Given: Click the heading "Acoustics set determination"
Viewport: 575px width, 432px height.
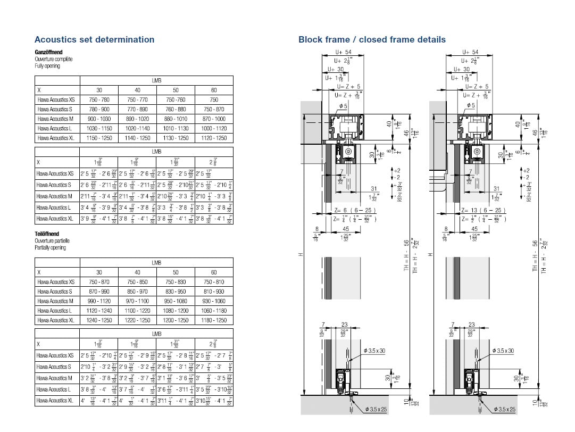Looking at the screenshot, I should pos(94,39).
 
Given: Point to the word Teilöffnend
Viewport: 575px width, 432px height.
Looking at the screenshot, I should pos(47,234).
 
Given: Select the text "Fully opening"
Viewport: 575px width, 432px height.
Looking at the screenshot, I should pos(47,66).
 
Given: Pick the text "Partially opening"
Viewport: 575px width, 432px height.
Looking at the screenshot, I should pos(51,248).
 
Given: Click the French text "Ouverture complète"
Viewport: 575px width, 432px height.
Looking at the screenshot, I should pos(53,59).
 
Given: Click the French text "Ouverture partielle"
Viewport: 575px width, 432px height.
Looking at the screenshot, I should pos(53,241).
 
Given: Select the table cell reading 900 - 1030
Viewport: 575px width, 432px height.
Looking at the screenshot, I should pos(99,119).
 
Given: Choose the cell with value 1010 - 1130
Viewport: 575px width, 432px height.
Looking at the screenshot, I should pos(176,128).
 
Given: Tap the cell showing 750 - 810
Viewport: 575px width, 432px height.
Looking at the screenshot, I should pos(214,282).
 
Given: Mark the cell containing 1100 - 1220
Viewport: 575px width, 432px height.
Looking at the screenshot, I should pos(137,311).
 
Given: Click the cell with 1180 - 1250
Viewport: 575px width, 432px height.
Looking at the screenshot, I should pos(214,320).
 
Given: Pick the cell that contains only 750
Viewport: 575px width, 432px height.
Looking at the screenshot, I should pos(214,99).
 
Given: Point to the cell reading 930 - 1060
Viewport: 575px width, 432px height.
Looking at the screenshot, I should pos(214,301).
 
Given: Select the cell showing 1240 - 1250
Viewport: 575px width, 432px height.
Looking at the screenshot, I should pos(99,320).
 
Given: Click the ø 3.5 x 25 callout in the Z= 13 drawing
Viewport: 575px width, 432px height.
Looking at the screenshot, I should pos(504,409).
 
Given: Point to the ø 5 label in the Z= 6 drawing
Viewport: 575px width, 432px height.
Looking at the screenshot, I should pos(343,106).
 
